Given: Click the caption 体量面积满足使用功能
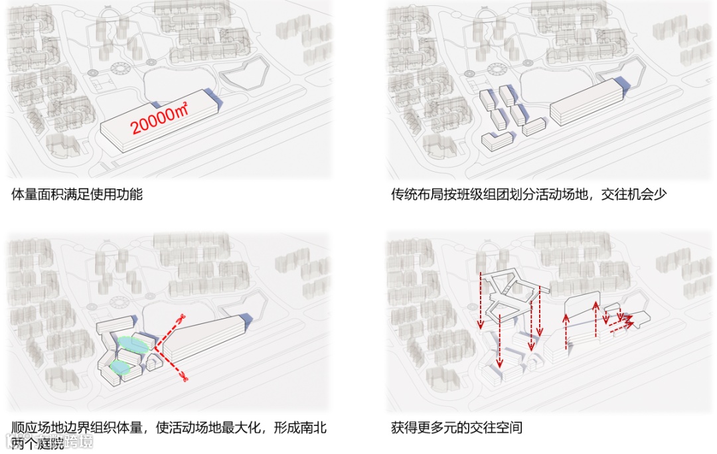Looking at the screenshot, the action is (x=77, y=194).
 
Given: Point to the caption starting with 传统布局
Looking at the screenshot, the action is (x=528, y=194).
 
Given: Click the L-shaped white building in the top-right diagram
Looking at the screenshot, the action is (x=497, y=140).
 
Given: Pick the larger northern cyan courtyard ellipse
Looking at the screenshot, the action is (x=133, y=344).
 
